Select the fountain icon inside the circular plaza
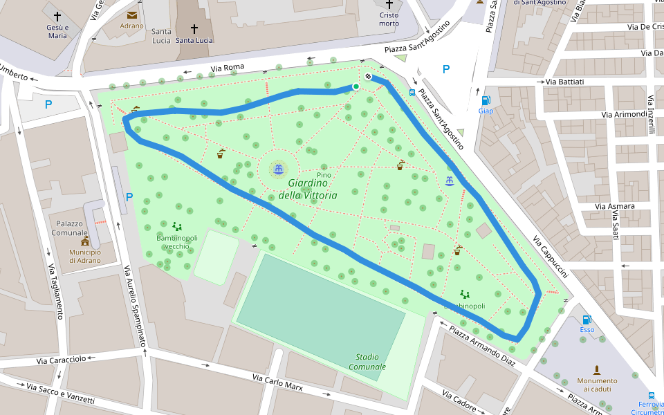pos(278,169)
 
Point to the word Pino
pos(323,175)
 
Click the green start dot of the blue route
pos(356,86)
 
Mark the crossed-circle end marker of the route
pos(369,77)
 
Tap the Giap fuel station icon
pos(486,100)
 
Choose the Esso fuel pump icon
pos(587,320)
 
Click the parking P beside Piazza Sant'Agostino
pos(446,69)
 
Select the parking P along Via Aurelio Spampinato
pos(129,197)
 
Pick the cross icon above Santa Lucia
pos(194,29)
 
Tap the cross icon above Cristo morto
pos(389,4)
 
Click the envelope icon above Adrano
pos(131,15)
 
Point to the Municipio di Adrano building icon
pos(85,242)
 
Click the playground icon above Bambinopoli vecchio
pos(177,226)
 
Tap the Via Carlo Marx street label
pos(277,382)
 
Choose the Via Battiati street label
pos(564,82)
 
